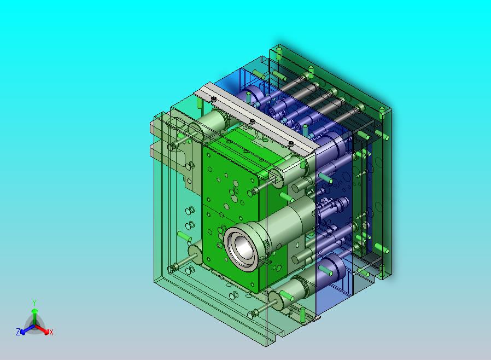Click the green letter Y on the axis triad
pos(34,303)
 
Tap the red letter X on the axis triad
pos(51,332)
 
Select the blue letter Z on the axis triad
pos(18,332)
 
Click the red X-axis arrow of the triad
pos(42,329)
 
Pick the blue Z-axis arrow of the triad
pos(27,329)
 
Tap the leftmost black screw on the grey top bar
pos(214,99)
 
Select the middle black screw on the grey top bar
pos(252,121)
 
